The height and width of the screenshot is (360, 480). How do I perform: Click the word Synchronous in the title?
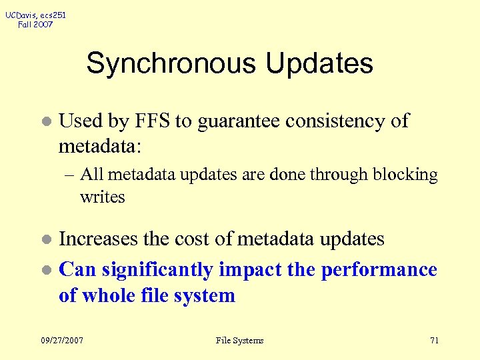point(171,64)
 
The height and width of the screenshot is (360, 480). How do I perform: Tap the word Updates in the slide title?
point(319,64)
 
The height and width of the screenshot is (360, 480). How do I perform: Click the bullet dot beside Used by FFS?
point(46,123)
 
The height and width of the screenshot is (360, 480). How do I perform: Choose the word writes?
point(103,197)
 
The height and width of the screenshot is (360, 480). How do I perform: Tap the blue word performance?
point(379,270)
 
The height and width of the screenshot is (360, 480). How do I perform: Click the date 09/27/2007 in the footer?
point(61,341)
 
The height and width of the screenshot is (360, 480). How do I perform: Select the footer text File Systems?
point(240,341)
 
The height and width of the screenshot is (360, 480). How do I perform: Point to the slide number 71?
point(434,341)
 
